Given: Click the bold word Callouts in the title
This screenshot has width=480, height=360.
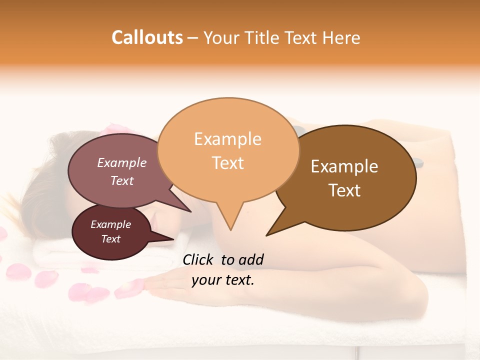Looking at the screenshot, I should (147, 37).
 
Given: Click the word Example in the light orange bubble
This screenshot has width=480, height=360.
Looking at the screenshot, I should (227, 139).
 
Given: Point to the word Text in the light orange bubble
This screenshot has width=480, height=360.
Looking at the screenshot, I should (227, 163).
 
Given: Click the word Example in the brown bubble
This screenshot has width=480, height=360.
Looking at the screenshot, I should (344, 166).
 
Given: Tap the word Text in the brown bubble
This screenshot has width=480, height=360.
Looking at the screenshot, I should (344, 190).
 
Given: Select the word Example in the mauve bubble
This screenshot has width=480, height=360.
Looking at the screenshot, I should (121, 162).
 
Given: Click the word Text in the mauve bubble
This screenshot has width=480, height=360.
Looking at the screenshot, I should (121, 180).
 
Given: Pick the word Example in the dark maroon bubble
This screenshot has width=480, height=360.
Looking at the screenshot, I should (110, 224).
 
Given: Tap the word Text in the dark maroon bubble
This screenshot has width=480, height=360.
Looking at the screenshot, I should (110, 239).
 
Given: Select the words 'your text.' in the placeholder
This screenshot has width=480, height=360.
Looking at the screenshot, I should (222, 280).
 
